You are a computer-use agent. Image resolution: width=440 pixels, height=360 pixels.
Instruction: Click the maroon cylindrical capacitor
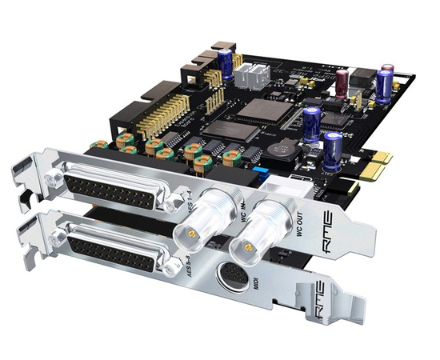coord(342,81)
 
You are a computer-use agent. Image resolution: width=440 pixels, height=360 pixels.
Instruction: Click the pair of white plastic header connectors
coord(252,74)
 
